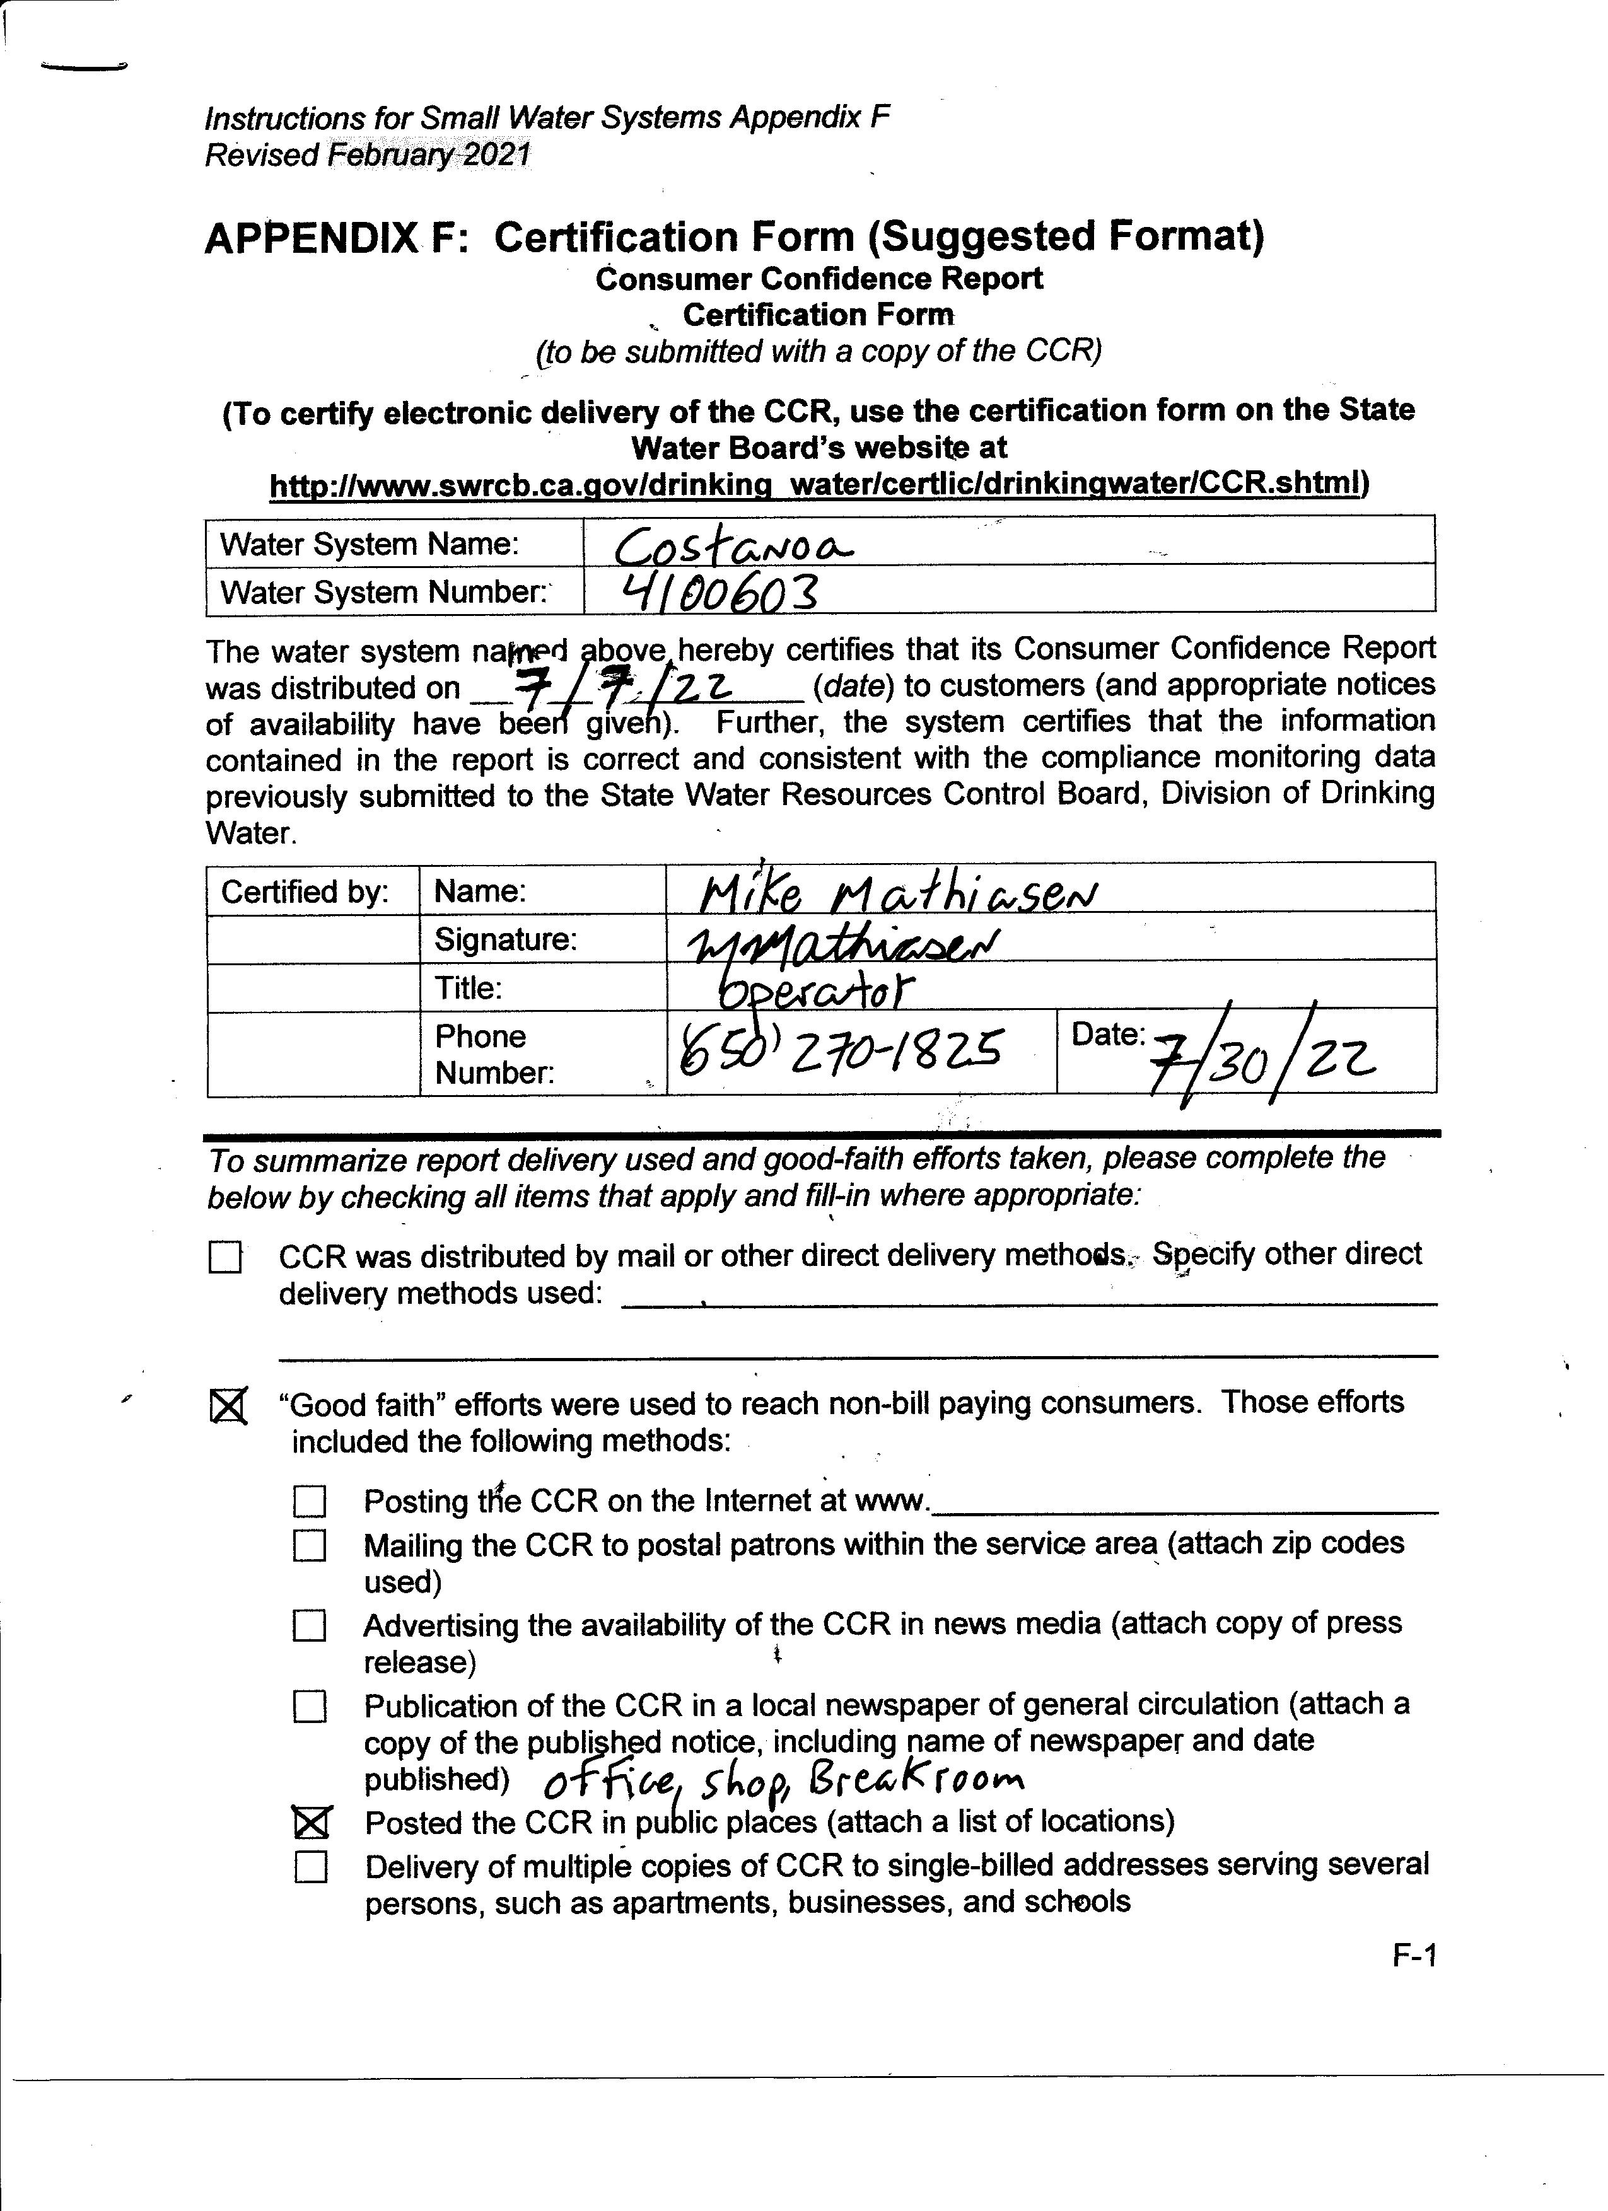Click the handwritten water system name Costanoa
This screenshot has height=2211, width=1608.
tap(733, 547)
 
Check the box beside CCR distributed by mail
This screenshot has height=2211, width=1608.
tap(225, 1258)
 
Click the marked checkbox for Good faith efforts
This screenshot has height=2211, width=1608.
tap(229, 1406)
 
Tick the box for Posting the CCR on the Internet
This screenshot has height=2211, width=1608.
tap(310, 1501)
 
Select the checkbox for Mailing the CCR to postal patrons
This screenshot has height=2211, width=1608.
tap(310, 1545)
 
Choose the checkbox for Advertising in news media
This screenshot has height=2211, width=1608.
tap(310, 1625)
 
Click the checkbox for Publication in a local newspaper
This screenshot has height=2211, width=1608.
tap(310, 1706)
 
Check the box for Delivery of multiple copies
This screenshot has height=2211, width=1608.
tap(311, 1867)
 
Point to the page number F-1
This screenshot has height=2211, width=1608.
tap(1414, 1956)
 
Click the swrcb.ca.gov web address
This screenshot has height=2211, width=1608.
tap(814, 485)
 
